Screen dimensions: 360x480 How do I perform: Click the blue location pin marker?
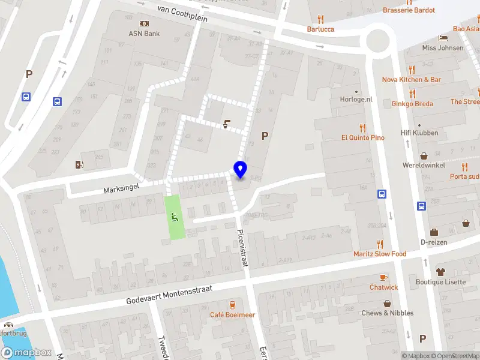tap(240, 170)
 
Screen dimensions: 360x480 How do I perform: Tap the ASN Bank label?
tap(144, 34)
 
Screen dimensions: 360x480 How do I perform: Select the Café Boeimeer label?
tap(232, 314)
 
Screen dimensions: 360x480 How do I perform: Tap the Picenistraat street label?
tap(244, 247)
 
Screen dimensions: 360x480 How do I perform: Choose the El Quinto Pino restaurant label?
tap(362, 137)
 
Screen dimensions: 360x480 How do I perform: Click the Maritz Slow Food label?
tap(379, 254)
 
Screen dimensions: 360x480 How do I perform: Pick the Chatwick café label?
tap(383, 287)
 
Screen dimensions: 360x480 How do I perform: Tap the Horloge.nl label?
tap(356, 99)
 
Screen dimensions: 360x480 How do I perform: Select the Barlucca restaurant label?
tap(320, 28)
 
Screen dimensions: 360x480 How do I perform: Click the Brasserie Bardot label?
tap(409, 10)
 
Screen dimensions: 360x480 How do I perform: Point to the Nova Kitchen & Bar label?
tap(412, 79)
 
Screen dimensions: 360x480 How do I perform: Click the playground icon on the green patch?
tap(175, 217)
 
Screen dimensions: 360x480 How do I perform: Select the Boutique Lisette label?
tap(440, 281)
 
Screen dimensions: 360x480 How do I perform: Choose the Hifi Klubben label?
tap(419, 133)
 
